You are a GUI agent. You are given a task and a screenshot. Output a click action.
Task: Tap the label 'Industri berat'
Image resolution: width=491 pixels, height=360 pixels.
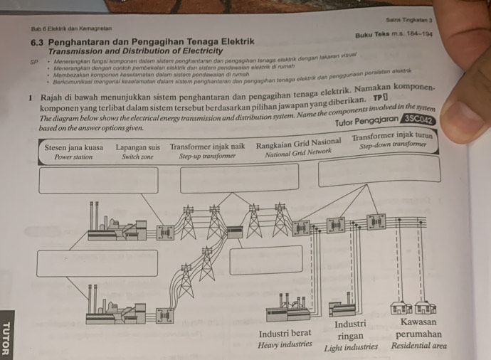(x=285, y=333)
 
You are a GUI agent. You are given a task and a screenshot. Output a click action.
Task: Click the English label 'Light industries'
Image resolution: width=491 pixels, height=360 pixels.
(x=351, y=348)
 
